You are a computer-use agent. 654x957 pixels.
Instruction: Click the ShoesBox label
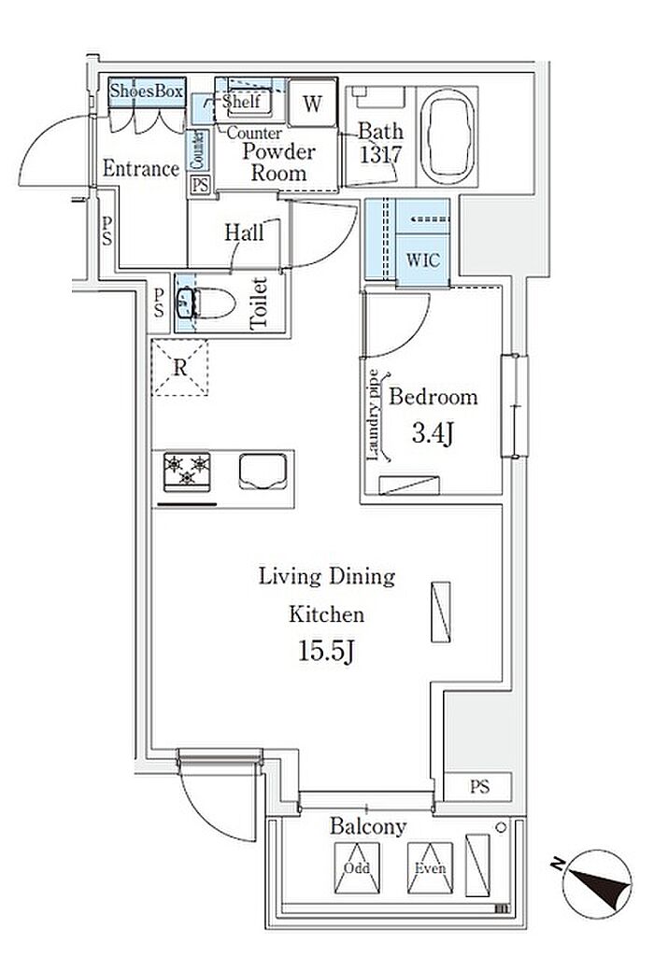point(147,91)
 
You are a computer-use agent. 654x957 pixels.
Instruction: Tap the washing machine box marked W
point(312,103)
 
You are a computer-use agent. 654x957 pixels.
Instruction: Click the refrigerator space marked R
point(179,368)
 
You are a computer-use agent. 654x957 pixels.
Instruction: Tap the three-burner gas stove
point(187,471)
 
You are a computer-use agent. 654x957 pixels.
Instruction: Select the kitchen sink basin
point(263,471)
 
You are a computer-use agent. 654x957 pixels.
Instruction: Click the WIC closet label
point(422,260)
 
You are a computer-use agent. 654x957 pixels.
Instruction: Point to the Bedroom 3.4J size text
point(433,434)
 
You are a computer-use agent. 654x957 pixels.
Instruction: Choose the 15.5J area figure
point(327,652)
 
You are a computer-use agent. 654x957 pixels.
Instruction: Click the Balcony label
point(367,826)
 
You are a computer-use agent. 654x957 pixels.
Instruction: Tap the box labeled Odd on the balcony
point(357,868)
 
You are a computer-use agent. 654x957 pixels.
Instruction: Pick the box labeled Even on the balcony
point(430,868)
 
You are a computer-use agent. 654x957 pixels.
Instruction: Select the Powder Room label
point(278,162)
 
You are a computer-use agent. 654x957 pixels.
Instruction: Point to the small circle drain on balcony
point(502,827)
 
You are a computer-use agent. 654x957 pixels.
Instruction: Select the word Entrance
point(141,168)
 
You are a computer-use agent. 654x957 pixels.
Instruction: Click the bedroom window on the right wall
point(514,405)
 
